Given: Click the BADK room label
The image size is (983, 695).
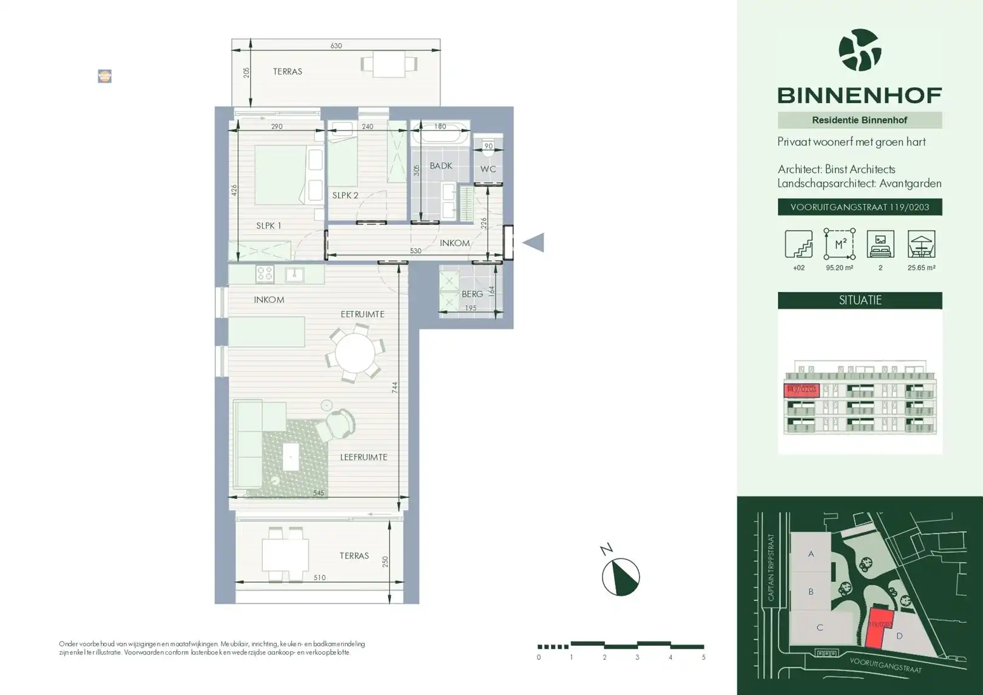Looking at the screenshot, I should pyautogui.click(x=441, y=166).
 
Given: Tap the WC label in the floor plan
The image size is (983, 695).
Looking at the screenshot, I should pyautogui.click(x=488, y=169).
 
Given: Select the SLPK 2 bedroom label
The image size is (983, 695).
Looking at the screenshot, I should pyautogui.click(x=345, y=195).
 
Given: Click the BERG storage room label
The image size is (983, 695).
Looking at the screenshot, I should pyautogui.click(x=472, y=294).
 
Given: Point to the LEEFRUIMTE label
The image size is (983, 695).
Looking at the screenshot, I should pyautogui.click(x=363, y=457).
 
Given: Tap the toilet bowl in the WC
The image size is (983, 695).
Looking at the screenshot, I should pyautogui.click(x=488, y=146).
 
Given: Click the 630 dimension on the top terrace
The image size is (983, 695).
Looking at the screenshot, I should pyautogui.click(x=336, y=46).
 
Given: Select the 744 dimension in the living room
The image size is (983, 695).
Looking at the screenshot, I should pyautogui.click(x=394, y=387).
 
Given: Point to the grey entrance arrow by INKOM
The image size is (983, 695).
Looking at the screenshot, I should pyautogui.click(x=533, y=243).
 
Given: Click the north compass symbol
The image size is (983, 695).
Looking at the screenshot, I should pyautogui.click(x=620, y=577).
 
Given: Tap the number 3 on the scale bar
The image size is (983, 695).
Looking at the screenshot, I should pyautogui.click(x=637, y=657).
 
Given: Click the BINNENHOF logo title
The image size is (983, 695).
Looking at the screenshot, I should pyautogui.click(x=859, y=95).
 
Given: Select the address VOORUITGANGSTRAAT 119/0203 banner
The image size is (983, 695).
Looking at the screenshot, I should pyautogui.click(x=860, y=207).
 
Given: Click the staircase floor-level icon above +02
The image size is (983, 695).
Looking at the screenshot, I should pyautogui.click(x=799, y=244).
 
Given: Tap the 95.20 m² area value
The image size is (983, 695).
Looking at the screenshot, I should pyautogui.click(x=839, y=268).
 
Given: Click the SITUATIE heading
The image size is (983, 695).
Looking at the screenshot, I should pyautogui.click(x=860, y=300).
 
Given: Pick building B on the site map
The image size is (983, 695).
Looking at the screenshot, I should pyautogui.click(x=811, y=592).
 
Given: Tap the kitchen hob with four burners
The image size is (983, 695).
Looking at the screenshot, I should pyautogui.click(x=265, y=274).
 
